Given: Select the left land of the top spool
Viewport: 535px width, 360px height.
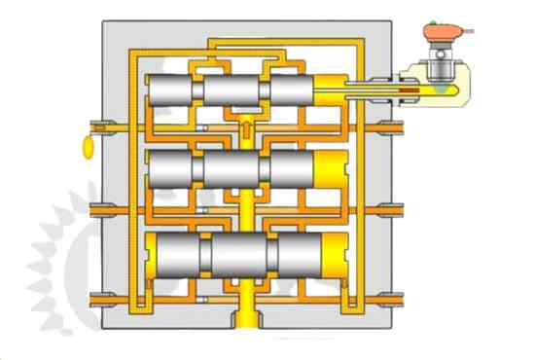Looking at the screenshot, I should click(x=172, y=92).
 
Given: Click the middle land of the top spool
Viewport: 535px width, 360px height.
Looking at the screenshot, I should click(x=234, y=92).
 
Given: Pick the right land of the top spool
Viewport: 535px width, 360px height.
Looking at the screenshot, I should click(x=292, y=92).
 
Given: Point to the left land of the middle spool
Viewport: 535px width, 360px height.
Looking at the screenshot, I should click(x=172, y=168).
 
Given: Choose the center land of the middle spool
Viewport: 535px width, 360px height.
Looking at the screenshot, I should click(x=234, y=168).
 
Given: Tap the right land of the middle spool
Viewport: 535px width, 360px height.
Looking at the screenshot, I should click(x=292, y=168).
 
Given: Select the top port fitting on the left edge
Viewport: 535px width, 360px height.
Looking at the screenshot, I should click(x=98, y=126).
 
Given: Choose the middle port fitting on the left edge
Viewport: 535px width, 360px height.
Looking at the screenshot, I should click(x=98, y=208).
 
